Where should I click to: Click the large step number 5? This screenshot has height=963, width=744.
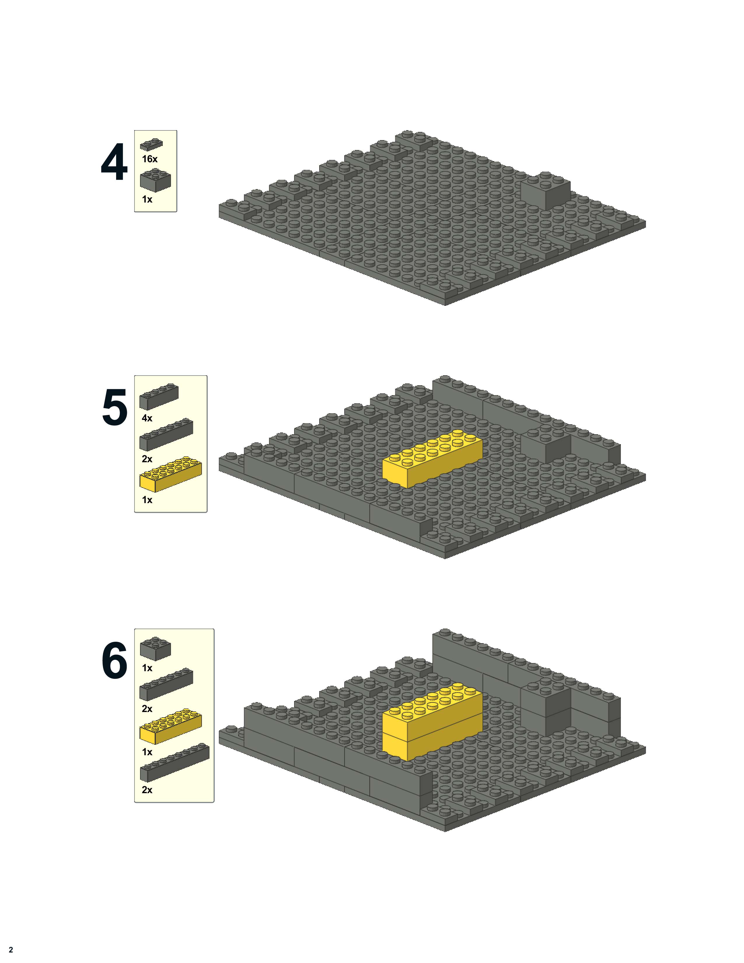pos(115,407)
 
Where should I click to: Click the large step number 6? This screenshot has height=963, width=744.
pos(115,660)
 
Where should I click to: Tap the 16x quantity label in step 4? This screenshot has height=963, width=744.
pos(149,159)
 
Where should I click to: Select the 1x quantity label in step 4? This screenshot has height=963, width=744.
pos(147,199)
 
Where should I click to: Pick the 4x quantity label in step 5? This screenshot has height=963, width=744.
pos(147,418)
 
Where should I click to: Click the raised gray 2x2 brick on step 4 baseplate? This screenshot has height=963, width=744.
pos(546,191)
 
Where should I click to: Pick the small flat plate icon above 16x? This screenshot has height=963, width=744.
pos(151,145)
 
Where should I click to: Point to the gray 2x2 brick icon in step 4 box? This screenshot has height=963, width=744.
pos(155,180)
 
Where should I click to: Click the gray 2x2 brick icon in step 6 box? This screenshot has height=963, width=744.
pos(155,649)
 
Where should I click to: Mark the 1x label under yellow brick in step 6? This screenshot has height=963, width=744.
pos(147,752)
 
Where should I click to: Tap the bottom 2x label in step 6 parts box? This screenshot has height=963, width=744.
pos(147,790)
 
